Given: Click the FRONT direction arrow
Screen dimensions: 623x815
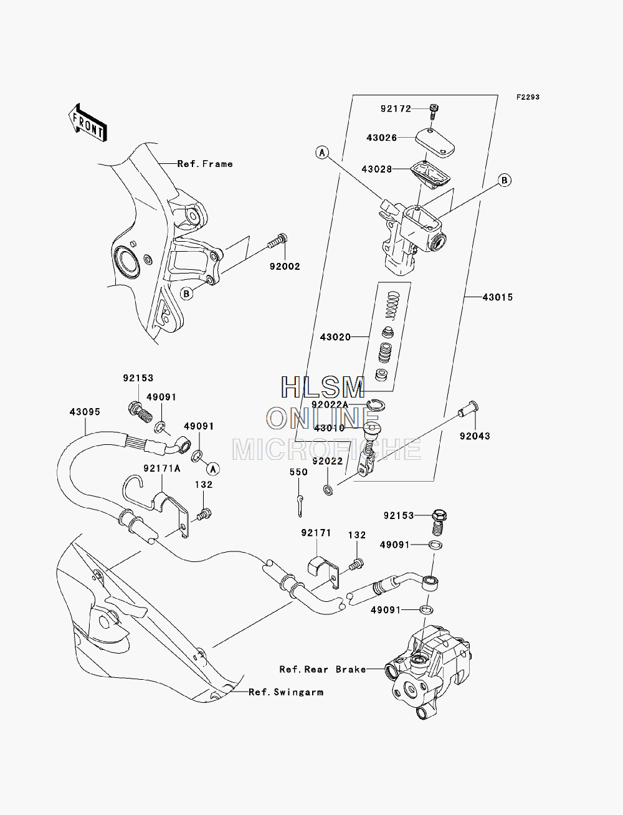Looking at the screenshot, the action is coord(88,123).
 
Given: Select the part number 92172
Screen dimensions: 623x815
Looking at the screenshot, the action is coord(396,109).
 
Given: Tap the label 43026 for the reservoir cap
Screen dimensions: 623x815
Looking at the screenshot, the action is coord(382,138).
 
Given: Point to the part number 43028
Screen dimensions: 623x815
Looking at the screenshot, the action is coord(377,169).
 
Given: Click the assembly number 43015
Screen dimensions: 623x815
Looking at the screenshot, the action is coord(498,297).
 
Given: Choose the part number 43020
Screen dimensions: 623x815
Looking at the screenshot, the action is coord(335,337).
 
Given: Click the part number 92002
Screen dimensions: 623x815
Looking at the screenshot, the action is coord(285,266).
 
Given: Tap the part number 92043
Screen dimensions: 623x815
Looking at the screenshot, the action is coord(475,436).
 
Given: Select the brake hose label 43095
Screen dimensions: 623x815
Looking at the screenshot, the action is coord(85,412).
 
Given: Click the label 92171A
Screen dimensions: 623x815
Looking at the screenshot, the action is coord(162,469).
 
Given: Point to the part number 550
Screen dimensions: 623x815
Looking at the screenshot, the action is coord(298,472).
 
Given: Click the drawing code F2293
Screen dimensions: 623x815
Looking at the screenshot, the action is coord(528,97).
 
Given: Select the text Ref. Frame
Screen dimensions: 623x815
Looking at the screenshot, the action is coord(205,164).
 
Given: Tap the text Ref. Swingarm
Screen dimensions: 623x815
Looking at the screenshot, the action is coord(286,692).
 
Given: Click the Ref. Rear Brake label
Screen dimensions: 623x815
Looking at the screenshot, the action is coord(323,669).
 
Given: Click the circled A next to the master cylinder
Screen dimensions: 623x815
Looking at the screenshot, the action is coord(322,152).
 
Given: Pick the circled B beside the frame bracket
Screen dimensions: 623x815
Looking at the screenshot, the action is coord(187,293).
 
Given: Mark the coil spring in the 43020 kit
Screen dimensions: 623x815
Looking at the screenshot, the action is coord(394,305).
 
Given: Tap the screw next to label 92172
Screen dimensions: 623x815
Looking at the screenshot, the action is coord(434,112).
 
